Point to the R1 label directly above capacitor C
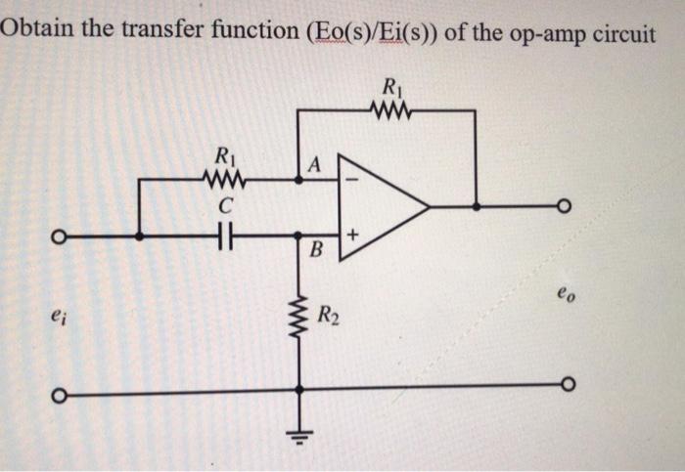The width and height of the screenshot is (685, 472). [x=224, y=155]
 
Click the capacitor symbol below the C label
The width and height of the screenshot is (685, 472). [x=224, y=236]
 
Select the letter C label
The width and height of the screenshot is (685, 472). [x=224, y=205]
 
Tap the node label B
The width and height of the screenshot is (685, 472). [x=314, y=251]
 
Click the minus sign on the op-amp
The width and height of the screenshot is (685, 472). [x=352, y=179]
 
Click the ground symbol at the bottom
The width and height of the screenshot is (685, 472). [x=299, y=431]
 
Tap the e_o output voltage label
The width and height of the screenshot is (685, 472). [x=565, y=290]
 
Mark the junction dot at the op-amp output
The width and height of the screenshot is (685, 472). [x=476, y=207]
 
